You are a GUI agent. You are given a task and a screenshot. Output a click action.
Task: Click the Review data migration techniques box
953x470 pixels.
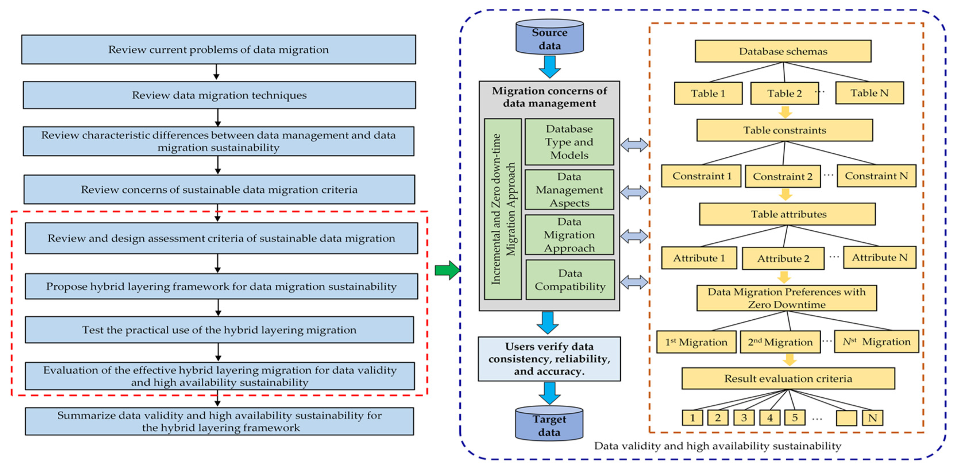coord(219,95)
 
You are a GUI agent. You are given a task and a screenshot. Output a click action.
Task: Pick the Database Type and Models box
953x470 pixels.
coord(569,142)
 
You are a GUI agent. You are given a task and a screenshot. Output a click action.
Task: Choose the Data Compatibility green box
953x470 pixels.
coord(570,280)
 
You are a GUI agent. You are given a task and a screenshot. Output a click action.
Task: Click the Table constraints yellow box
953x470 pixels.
coord(784,130)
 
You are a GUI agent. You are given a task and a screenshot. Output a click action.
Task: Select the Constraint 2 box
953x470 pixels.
coord(782,176)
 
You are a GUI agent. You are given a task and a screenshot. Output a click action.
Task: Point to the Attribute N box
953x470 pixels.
coord(879,258)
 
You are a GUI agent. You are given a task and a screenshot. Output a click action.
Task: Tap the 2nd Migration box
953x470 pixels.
coord(780,342)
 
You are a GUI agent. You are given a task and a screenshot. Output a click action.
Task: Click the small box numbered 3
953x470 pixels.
coord(743,418)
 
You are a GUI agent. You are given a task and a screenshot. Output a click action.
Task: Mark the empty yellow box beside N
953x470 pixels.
coord(846,418)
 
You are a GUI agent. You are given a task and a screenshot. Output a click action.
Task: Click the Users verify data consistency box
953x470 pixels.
coord(549,359)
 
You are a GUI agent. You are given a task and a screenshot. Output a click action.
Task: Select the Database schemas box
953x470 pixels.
coord(783,51)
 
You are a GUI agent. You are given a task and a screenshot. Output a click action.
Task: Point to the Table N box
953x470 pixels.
coord(869,93)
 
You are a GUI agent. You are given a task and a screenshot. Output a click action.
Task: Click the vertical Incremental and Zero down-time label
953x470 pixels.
coord(502,209)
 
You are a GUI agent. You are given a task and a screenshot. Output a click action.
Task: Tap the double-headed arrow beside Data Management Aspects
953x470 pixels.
coord(634,192)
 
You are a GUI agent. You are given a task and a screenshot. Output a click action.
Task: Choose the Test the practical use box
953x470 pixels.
coord(219,330)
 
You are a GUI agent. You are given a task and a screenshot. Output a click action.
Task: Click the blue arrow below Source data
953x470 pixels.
coord(549,67)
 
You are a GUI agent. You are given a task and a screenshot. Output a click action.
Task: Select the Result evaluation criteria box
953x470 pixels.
coord(788,378)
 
